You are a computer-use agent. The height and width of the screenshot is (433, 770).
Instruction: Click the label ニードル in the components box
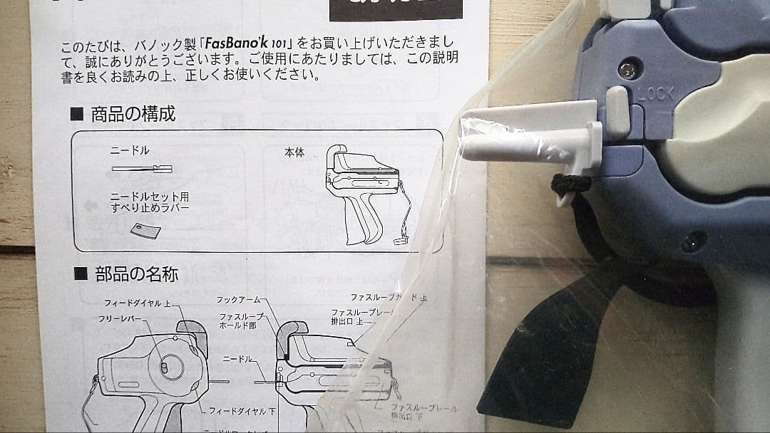point(130,151)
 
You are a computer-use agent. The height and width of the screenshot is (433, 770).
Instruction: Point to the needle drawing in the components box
point(142,169)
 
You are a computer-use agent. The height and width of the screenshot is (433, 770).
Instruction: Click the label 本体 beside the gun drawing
point(294,152)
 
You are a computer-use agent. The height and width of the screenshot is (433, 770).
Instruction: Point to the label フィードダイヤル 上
point(140,303)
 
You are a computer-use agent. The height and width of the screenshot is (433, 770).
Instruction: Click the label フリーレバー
point(121,319)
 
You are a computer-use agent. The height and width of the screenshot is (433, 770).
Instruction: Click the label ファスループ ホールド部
point(241,321)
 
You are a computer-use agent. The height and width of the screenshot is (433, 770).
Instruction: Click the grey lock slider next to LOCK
point(617,111)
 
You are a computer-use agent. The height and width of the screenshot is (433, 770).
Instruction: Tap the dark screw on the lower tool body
point(689,242)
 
